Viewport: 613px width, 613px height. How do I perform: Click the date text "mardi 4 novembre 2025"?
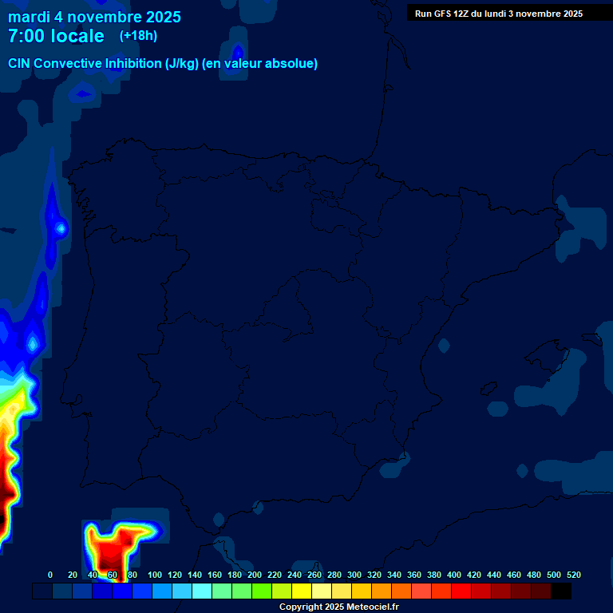[94, 17]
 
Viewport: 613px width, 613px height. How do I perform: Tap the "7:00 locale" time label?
[56, 36]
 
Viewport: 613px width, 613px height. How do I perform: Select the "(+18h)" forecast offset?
[138, 35]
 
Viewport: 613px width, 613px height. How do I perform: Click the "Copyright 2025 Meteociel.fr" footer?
[338, 607]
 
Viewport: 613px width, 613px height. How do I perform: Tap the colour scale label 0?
[50, 575]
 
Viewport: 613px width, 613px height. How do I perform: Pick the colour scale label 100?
[155, 575]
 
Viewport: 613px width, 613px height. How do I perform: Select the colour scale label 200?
[255, 575]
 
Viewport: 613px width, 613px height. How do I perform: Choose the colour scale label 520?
[574, 575]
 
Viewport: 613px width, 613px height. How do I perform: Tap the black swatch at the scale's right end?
[561, 591]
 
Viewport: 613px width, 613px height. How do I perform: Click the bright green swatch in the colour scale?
[262, 591]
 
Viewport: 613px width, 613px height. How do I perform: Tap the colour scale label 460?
[514, 575]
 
